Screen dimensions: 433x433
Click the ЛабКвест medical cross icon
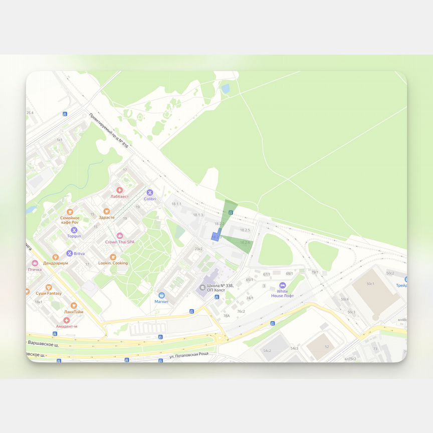[119, 190]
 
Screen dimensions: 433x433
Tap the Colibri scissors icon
[149, 192]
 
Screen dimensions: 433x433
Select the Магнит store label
[161, 302]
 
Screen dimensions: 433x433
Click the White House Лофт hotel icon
[282, 285]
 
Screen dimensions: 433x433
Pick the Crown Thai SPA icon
[119, 236]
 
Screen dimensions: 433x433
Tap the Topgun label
[74, 236]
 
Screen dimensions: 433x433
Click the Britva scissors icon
[70, 254]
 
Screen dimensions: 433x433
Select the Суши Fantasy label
[49, 293]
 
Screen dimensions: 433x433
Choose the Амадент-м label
[67, 326]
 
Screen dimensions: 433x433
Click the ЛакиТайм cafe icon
[74, 305]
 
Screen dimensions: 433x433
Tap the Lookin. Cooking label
[113, 263]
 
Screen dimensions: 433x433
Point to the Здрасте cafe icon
[106, 211]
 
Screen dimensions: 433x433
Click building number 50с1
[370, 284]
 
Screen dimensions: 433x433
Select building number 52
[327, 347]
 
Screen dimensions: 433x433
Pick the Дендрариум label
[55, 263]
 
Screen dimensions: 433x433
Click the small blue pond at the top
[226, 89]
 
